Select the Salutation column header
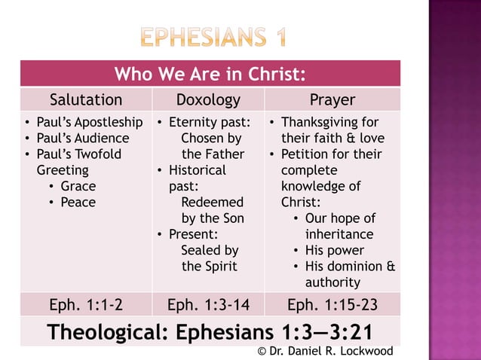(85, 100)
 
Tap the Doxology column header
(207, 100)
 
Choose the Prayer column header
(332, 100)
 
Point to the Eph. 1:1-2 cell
(85, 305)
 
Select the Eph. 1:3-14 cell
(207, 305)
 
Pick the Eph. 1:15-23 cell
(332, 305)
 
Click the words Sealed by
(210, 250)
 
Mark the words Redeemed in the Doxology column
(213, 203)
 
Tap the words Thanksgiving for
(329, 123)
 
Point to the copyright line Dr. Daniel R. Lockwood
(325, 352)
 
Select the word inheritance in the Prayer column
(339, 234)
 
